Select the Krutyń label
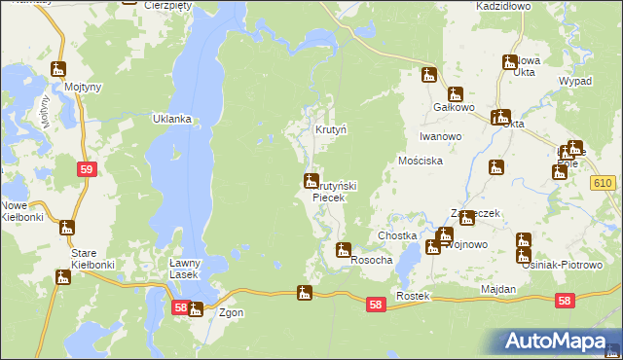[x=331, y=129]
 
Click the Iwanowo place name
[x=440, y=137]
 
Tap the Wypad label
[x=574, y=81]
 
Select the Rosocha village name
[x=371, y=261]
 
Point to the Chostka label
[x=397, y=236]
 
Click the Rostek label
[x=413, y=295]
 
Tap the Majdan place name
[x=498, y=290]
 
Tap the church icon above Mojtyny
[x=58, y=69]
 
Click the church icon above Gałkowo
[x=429, y=75]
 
